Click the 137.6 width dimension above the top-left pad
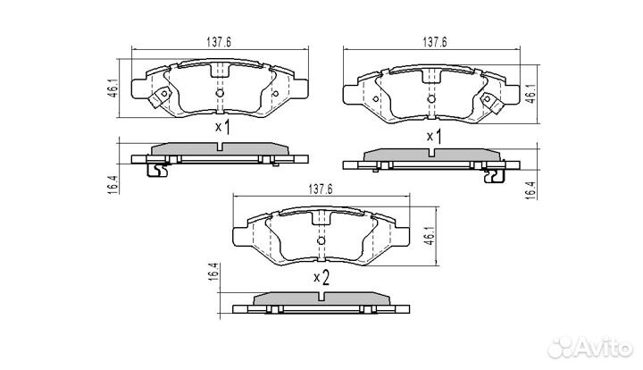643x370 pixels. (219, 42)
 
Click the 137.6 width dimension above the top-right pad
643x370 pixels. (435, 42)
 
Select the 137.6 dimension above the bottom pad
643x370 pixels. (321, 189)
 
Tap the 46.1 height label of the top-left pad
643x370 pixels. (113, 88)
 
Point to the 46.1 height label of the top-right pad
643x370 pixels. (531, 94)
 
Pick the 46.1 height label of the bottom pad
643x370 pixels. (429, 236)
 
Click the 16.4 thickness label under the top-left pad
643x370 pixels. (113, 184)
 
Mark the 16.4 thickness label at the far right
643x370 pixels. (531, 190)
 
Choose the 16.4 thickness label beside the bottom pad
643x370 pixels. (213, 272)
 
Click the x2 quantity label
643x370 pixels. (321, 278)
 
